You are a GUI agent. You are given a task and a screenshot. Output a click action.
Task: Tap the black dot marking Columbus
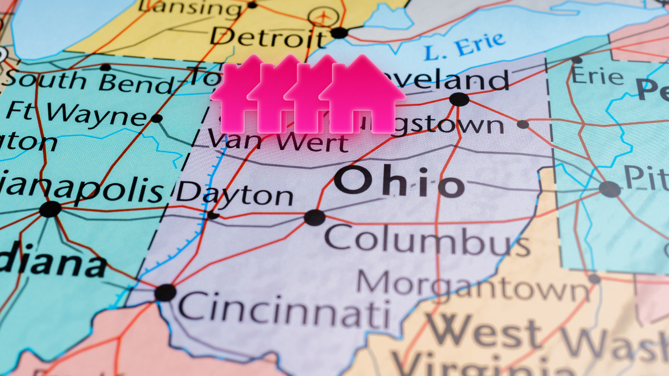314,217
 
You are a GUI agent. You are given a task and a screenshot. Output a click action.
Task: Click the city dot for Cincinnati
165,292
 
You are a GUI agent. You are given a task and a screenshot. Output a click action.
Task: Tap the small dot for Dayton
213,215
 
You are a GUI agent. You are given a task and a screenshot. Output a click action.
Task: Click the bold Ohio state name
399,182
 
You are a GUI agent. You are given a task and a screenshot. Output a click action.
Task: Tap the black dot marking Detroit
339,33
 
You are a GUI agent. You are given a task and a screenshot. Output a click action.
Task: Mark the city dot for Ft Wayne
157,118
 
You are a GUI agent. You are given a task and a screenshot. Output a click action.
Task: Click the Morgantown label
473,286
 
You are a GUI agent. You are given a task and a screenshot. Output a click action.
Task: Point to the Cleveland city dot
459,99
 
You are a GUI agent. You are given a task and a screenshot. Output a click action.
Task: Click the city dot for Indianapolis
50,209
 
